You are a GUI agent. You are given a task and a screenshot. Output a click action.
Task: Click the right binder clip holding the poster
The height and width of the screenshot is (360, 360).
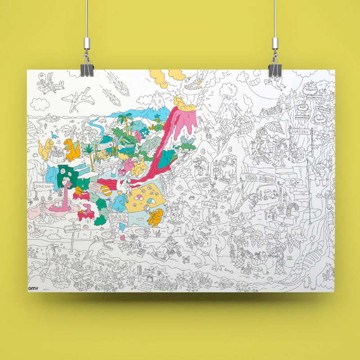[274, 68]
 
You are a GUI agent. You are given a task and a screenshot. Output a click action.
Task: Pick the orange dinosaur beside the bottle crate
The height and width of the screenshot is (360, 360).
[71, 148]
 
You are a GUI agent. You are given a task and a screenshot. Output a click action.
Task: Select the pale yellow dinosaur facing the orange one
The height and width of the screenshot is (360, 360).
[45, 148]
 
